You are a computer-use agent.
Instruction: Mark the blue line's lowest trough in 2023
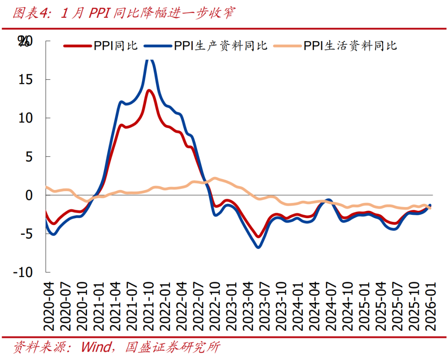[x=258, y=247]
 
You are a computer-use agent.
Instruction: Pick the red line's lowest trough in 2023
[x=258, y=237]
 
